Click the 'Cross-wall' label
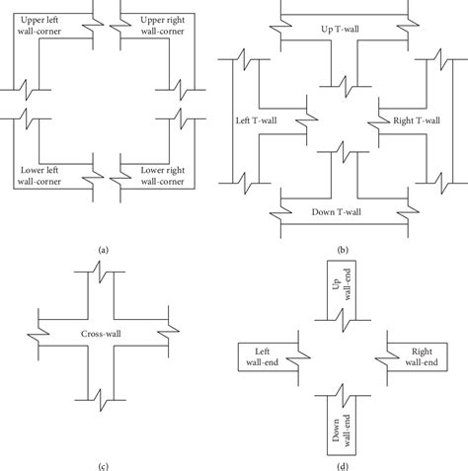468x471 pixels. tap(104, 334)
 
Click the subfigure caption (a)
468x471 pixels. tap(103, 250)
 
